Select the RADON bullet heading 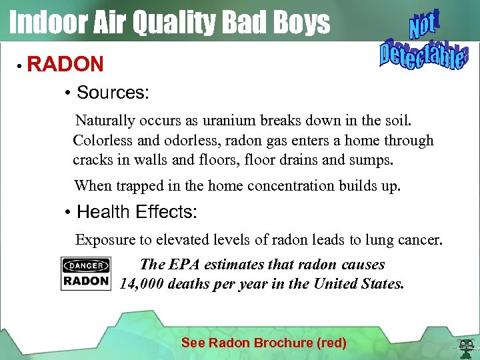point(65,65)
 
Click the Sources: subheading point(113,93)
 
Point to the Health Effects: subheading point(137,213)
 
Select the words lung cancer point(409,239)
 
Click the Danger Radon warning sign point(86,273)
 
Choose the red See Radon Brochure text point(263,343)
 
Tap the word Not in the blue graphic point(422,26)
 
